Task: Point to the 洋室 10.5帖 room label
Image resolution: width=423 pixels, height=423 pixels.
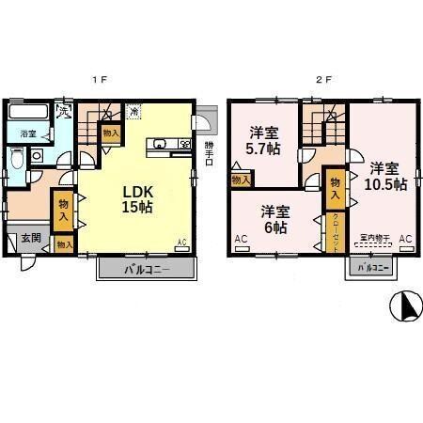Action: (386, 176)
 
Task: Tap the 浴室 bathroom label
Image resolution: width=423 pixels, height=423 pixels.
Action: (28, 134)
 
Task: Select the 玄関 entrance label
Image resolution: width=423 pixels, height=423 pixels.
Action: (30, 239)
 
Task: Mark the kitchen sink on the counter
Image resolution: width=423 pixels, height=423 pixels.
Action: (158, 145)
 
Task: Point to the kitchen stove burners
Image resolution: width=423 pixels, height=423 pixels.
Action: (184, 145)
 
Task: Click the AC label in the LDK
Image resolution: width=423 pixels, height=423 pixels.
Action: (182, 243)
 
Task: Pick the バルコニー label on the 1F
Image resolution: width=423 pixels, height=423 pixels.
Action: (146, 270)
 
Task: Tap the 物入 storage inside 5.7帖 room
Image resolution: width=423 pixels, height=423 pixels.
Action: (241, 178)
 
